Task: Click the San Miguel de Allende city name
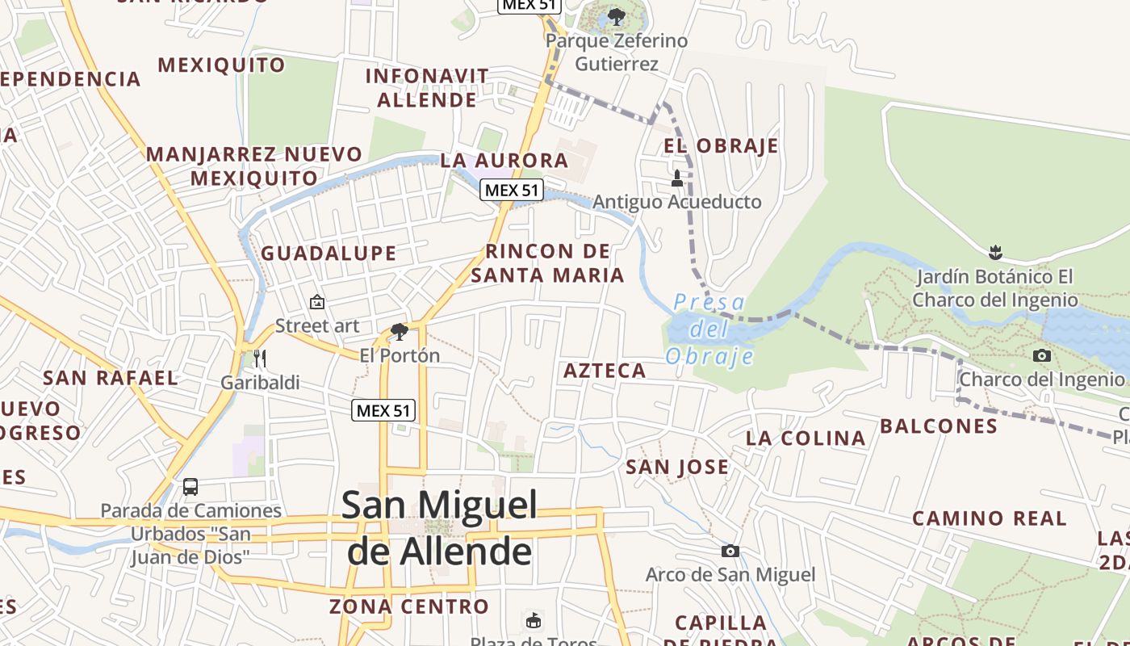click(439, 528)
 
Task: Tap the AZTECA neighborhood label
click(605, 371)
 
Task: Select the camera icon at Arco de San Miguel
click(730, 551)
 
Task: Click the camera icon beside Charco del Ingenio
click(1042, 355)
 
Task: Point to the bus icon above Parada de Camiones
click(190, 487)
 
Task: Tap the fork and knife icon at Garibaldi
click(259, 358)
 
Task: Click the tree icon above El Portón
click(399, 331)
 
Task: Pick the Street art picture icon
click(317, 303)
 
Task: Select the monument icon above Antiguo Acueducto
click(677, 178)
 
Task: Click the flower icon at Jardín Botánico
click(995, 252)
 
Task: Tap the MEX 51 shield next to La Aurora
click(512, 191)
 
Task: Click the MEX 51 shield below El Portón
click(384, 410)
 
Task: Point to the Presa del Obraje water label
click(709, 329)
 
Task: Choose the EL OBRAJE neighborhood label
click(721, 146)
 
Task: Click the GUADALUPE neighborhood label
click(329, 254)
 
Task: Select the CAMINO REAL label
click(989, 518)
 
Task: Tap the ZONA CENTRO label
click(409, 606)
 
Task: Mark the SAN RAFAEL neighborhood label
click(111, 378)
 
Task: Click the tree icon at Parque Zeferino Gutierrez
click(617, 16)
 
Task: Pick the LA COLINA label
click(806, 438)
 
